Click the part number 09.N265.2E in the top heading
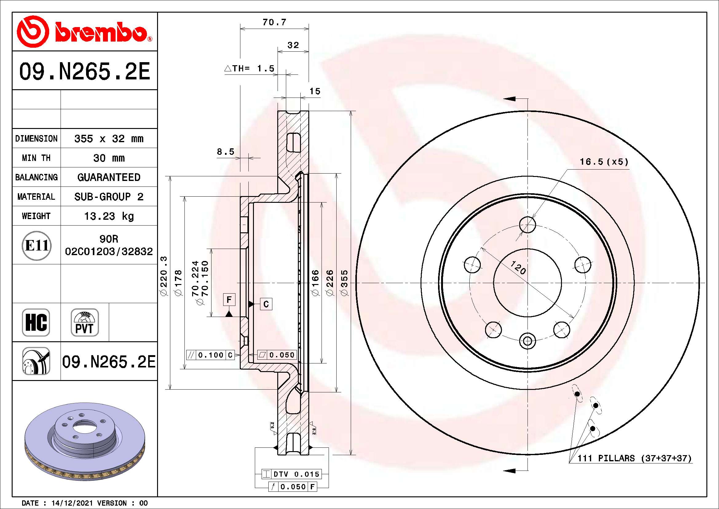click(85, 71)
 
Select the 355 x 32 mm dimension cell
click(109, 138)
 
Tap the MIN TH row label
click(36, 158)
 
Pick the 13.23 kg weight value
click(109, 216)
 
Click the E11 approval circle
click(37, 245)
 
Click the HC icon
click(36, 323)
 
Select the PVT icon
click(85, 323)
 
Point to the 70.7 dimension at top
click(274, 22)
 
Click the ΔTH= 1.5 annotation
click(250, 68)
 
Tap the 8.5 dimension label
click(225, 152)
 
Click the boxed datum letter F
click(229, 300)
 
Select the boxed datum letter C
click(266, 304)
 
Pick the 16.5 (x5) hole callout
click(604, 162)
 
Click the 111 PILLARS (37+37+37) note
click(634, 458)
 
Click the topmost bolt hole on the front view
click(528, 224)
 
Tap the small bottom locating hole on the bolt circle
click(528, 341)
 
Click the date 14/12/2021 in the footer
click(72, 503)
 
